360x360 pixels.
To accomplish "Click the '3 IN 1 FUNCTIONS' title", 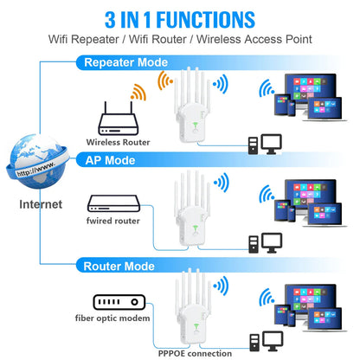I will pos(180,19).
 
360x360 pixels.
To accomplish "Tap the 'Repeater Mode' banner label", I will pos(127,62).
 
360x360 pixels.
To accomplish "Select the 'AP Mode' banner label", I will pos(108,160).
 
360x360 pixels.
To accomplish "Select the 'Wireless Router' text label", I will pos(118,141).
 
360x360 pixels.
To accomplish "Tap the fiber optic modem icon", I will pos(118,302).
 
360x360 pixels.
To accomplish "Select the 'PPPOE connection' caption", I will pos(196,352).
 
